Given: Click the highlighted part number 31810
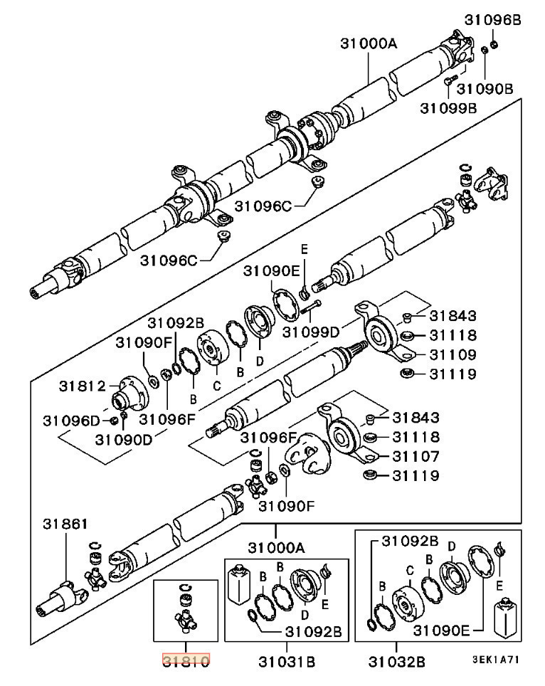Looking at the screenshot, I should click(186, 661).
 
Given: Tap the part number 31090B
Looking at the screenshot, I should click(485, 89).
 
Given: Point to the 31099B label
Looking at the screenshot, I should click(448, 107).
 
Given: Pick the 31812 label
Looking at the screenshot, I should click(82, 386).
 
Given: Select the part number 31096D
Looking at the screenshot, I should click(71, 420).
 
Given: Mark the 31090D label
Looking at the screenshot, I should click(124, 439).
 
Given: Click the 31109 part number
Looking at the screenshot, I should click(452, 354).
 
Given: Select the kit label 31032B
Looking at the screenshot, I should click(396, 662).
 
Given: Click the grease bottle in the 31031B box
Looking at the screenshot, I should click(238, 586).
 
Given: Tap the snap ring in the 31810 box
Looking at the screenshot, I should click(186, 586).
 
